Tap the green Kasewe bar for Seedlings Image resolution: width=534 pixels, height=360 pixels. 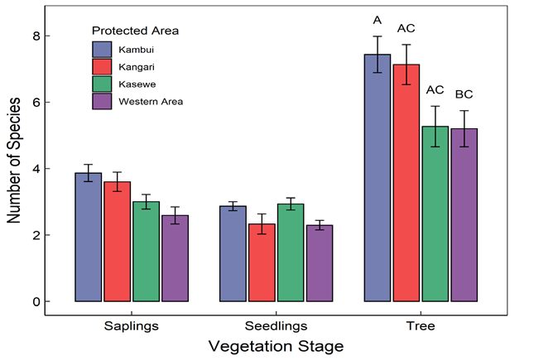click(x=290, y=252)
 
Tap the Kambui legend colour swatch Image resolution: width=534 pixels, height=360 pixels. click(x=102, y=47)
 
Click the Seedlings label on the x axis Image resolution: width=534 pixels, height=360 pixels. click(x=276, y=325)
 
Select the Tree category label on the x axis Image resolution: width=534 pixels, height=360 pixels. click(x=421, y=325)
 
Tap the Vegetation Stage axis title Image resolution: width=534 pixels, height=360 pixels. click(x=276, y=345)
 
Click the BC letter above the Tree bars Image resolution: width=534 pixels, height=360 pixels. click(x=464, y=94)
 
